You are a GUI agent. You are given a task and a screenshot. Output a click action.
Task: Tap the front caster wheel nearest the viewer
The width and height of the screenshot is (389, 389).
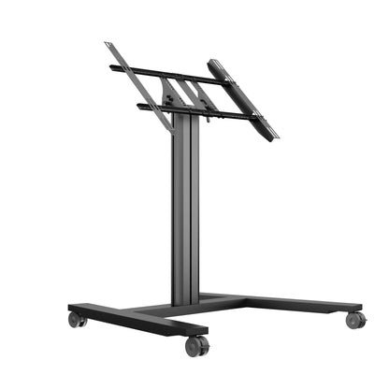point(196,345)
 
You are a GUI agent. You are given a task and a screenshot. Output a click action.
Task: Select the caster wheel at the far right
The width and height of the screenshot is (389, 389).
point(354,320)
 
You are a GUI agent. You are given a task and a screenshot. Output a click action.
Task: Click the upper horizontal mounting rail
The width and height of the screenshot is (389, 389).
point(168,75)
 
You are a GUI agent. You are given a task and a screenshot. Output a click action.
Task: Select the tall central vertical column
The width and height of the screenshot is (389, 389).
point(185,215)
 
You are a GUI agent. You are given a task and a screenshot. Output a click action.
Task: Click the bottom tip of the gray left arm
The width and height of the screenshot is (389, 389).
point(171,131)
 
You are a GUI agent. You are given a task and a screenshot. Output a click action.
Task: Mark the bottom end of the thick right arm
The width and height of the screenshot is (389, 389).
point(270,138)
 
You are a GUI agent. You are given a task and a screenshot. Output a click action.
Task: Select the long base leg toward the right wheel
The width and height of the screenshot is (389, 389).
point(281,303)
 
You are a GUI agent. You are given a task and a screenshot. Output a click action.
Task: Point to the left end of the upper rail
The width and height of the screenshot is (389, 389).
point(112,67)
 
